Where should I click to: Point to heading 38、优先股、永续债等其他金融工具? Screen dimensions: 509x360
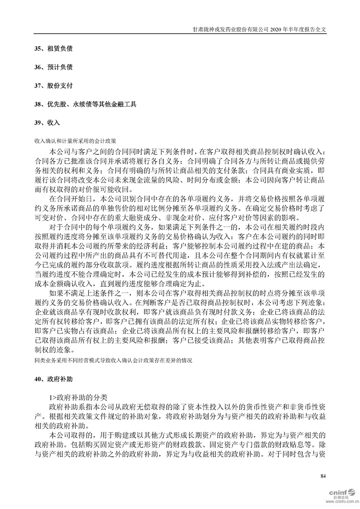click(85, 104)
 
